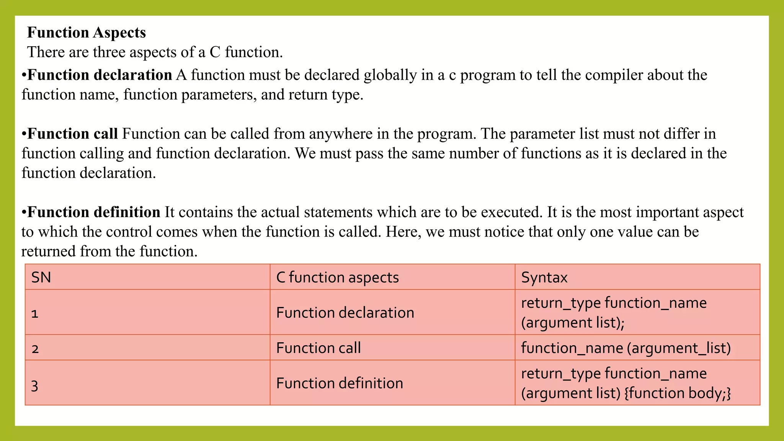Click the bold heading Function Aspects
(x=87, y=33)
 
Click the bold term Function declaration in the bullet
(x=100, y=75)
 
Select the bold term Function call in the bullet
(x=73, y=134)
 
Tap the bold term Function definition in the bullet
(x=94, y=212)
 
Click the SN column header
(x=41, y=277)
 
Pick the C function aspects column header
(x=337, y=277)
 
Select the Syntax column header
(x=544, y=277)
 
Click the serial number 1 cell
(x=35, y=313)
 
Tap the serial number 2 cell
(x=35, y=348)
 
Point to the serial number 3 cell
(x=35, y=385)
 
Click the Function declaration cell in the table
(x=345, y=313)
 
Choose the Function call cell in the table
(x=318, y=348)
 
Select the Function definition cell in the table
(x=340, y=383)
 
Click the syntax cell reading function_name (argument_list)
(x=626, y=348)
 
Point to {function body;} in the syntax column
(x=678, y=393)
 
